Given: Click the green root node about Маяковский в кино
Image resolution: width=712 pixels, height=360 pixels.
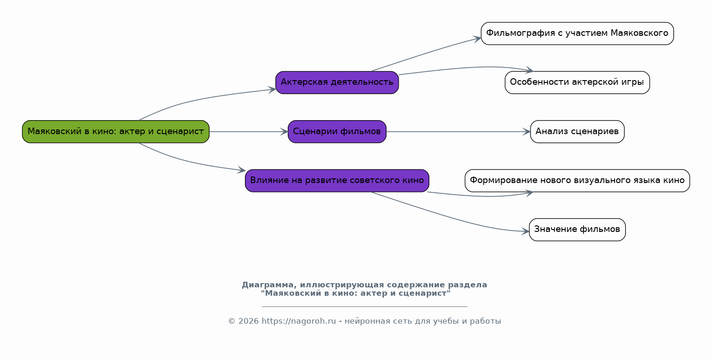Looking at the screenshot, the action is tap(115, 132).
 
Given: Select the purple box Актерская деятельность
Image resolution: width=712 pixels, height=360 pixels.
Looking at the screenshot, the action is tap(337, 83).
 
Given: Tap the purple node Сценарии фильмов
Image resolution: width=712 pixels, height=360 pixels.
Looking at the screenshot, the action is tap(337, 132).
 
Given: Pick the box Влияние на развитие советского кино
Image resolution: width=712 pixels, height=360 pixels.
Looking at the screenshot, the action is tap(337, 181).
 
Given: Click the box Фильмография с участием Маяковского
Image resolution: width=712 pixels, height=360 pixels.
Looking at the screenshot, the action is tap(577, 34).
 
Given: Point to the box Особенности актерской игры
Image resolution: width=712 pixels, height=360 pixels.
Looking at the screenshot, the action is tap(577, 83).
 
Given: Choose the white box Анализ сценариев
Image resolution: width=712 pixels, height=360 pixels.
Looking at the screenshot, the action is tap(577, 132).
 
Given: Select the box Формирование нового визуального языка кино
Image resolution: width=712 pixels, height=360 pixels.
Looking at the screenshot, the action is tap(577, 181).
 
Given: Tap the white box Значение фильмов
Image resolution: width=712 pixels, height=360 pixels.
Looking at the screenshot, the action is tap(577, 230).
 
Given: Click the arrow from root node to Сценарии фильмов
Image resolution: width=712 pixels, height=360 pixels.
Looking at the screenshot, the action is tap(249, 132).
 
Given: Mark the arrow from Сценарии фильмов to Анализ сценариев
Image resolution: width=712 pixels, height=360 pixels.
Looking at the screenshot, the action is tap(458, 132).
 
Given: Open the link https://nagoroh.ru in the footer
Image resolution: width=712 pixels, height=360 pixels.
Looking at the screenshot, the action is tap(299, 321).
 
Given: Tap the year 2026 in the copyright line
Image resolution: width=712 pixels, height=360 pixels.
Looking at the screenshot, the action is tap(249, 321).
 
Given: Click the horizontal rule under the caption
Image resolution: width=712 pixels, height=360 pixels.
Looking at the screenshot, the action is tap(365, 306).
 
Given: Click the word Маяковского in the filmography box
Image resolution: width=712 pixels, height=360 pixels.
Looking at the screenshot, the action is tap(639, 33).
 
